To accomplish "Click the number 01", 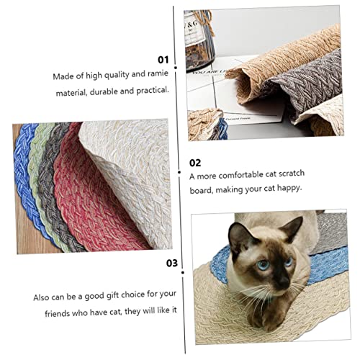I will point(163,60).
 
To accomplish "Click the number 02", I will point(195,163).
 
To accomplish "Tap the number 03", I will point(171,263).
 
